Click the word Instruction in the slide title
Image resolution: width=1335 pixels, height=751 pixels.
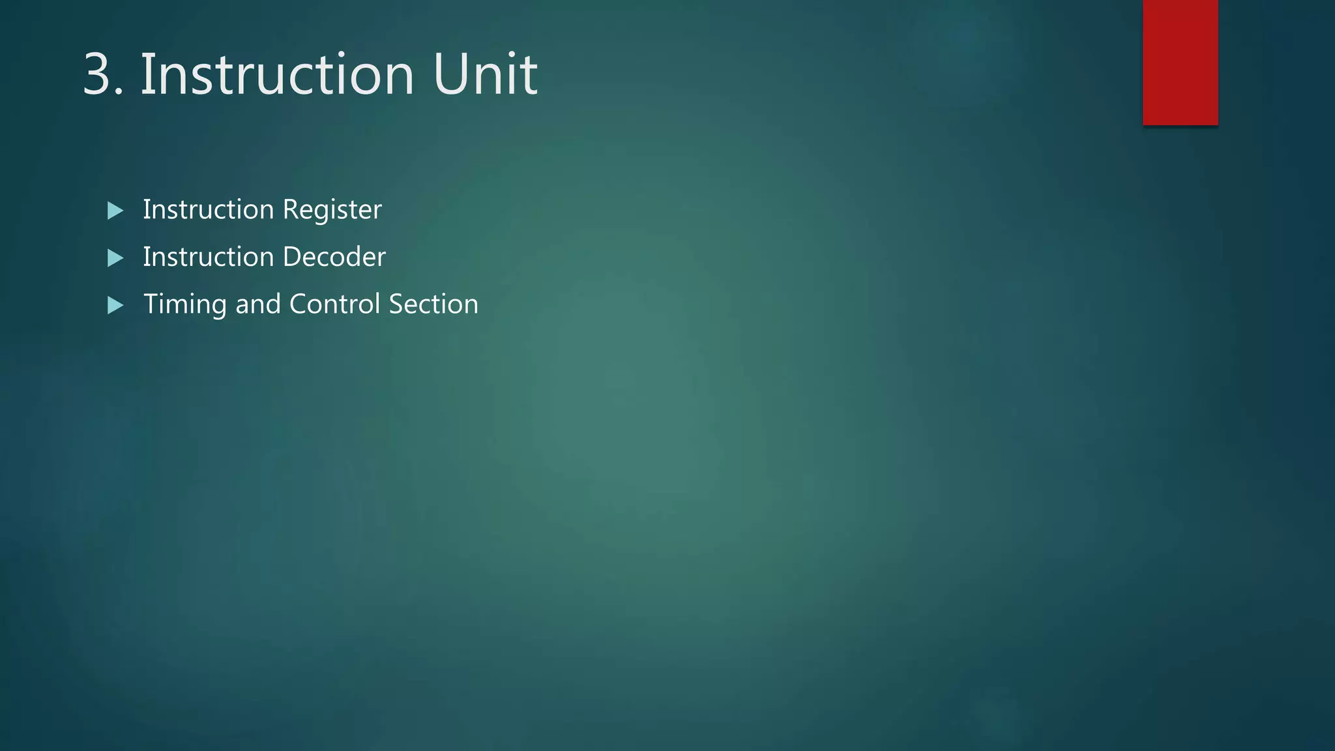(x=277, y=74)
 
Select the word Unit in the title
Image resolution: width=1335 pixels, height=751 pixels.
(x=485, y=74)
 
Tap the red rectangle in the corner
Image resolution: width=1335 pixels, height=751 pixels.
(x=1180, y=62)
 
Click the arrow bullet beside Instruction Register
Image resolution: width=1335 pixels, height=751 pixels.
(x=115, y=211)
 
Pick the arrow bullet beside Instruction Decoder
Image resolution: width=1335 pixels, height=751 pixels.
(x=115, y=258)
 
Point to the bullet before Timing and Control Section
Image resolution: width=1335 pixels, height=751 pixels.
(x=115, y=305)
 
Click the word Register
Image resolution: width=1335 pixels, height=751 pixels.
(x=332, y=210)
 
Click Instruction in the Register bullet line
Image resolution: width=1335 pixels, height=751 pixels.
(x=208, y=210)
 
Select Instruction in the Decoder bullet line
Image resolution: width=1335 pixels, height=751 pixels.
(x=208, y=257)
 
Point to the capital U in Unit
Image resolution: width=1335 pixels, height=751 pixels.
(x=449, y=74)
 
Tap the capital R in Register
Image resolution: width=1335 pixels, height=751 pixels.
(x=290, y=210)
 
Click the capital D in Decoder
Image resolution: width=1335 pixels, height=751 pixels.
(x=291, y=257)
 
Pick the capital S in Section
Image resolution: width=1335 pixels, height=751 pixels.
(x=396, y=304)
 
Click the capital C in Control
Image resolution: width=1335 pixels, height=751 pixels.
(x=298, y=304)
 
